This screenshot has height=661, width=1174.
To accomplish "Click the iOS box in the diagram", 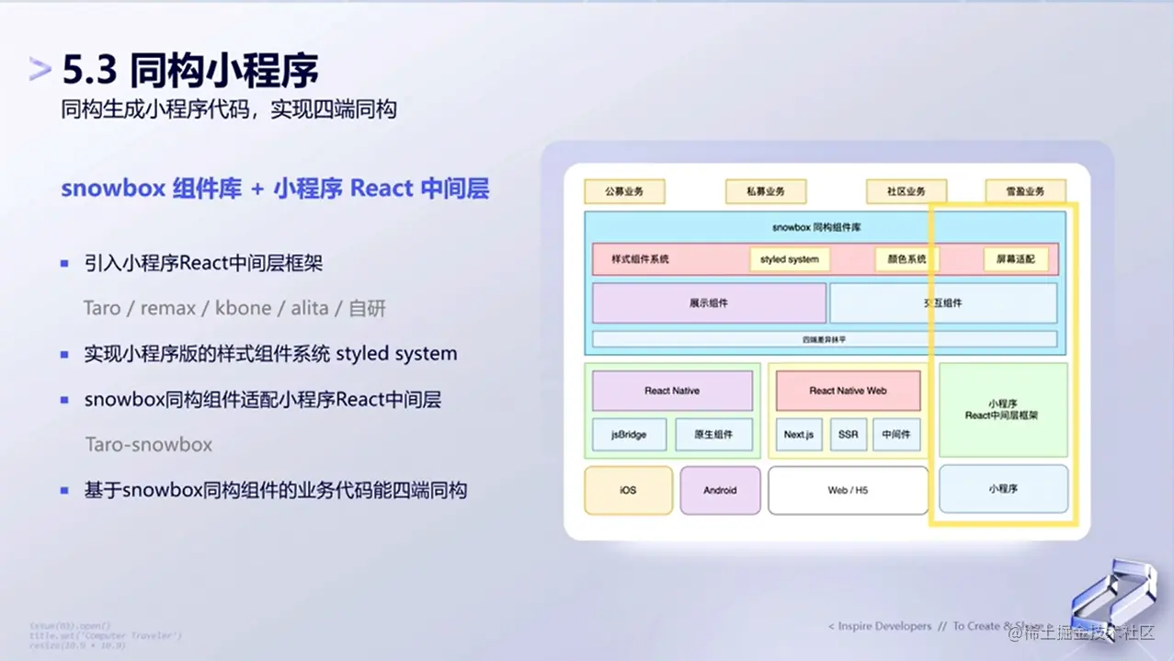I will pos(628,490).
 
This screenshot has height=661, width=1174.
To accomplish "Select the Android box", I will pos(720,490).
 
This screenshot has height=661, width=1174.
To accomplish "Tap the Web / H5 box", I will pos(847,490).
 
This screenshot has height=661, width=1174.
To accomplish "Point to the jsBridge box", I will pos(629,435).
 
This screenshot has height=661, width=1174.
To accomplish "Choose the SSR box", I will pos(849,435).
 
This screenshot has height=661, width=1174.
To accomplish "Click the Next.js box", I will pos(799,435).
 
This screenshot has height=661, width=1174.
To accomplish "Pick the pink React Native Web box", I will pos(848,391).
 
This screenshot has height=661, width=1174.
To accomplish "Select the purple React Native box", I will pos(672,391).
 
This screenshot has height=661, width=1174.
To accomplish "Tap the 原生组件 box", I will pos(713,435).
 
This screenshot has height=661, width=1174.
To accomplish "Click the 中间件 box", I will pos(895,435).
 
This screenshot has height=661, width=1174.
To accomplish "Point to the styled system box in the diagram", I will pos(789,259).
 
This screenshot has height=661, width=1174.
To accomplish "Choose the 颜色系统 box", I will pos(905,259).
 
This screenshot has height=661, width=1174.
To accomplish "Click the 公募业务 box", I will pos(624,191).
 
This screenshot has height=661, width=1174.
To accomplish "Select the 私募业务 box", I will pos(765,191).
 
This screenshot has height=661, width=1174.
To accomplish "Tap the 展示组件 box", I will pos(709,302).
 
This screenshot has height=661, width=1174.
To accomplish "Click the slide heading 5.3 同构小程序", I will pos(190,70).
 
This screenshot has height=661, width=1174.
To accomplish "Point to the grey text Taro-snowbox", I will pos(149,445).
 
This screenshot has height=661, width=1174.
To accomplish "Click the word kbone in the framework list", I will pos(244,309).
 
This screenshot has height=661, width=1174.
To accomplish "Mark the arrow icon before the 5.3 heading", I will pos(40,70).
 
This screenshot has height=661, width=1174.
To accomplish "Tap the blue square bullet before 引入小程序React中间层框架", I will pos(64,264).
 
